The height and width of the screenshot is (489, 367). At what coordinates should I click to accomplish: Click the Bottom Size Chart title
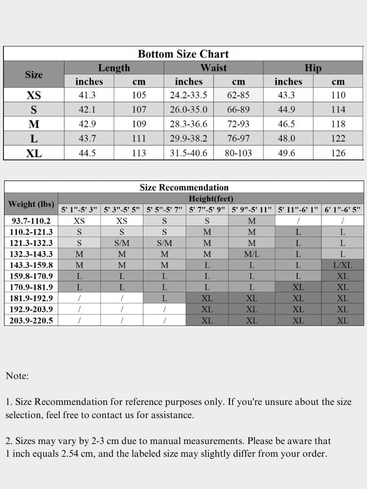(183, 54)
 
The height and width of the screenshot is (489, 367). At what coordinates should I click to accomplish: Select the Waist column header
(213, 68)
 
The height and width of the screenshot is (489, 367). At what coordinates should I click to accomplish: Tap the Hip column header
(313, 68)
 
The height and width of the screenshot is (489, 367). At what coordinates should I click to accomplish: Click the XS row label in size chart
(34, 95)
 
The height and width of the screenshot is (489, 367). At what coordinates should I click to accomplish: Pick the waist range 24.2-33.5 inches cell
(188, 95)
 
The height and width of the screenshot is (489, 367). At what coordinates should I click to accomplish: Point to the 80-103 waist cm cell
(238, 153)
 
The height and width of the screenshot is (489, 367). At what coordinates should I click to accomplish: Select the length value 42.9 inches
(87, 124)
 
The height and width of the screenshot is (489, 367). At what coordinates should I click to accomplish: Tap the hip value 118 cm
(338, 124)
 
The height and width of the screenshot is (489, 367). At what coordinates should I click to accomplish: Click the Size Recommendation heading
(184, 187)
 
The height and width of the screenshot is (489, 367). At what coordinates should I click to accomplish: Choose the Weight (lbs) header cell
(31, 204)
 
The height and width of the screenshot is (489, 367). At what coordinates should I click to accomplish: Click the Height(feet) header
(211, 199)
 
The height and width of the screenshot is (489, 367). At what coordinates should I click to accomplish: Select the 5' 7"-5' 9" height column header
(207, 210)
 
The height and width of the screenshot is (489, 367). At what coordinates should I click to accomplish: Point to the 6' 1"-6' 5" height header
(343, 210)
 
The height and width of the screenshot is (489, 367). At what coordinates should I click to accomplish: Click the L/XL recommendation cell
(343, 265)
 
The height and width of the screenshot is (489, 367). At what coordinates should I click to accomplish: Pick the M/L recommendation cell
(252, 254)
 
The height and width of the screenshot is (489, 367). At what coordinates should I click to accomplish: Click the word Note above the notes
(17, 376)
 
